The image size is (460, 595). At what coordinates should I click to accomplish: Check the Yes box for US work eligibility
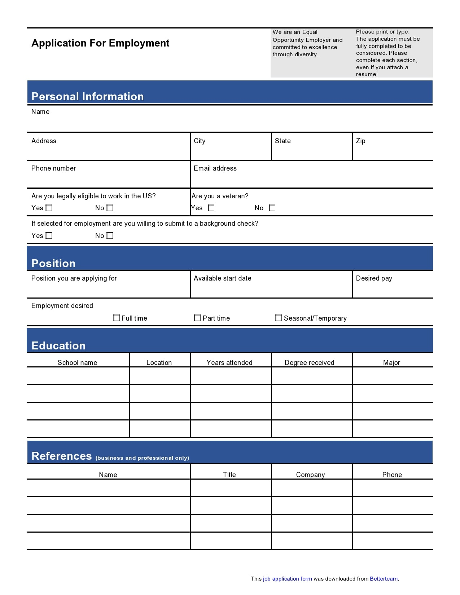click(49, 208)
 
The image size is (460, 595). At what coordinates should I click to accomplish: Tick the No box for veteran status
click(272, 208)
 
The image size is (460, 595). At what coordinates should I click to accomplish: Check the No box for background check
click(110, 235)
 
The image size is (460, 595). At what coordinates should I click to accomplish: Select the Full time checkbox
click(117, 318)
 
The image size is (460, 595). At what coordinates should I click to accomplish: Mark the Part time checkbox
click(197, 318)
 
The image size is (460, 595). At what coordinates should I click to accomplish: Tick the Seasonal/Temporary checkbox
click(279, 318)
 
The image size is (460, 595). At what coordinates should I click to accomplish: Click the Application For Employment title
click(100, 43)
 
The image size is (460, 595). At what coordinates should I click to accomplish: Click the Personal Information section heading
click(88, 96)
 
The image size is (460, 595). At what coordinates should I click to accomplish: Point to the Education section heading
click(58, 345)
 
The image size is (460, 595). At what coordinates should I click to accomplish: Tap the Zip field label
click(360, 141)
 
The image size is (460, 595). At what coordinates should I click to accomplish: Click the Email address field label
click(215, 168)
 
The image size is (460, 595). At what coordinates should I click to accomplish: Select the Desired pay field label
click(374, 278)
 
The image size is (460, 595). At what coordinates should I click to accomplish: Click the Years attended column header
click(229, 363)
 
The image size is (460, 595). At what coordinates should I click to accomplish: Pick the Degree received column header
click(310, 363)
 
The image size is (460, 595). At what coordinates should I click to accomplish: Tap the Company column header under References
click(310, 475)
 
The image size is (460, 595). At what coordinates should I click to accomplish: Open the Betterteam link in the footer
click(384, 579)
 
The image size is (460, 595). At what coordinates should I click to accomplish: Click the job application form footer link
click(287, 579)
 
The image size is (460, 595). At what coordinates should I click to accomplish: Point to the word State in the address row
click(282, 141)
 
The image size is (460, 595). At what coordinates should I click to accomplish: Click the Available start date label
click(222, 278)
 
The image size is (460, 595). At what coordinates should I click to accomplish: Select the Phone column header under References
click(392, 475)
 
